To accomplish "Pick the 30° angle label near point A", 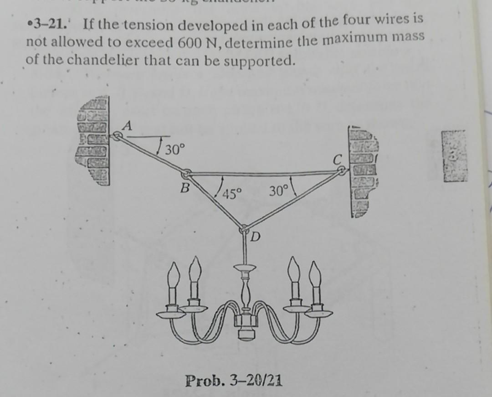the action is point(174,149).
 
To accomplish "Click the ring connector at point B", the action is point(186,174).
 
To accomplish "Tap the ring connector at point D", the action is point(245,227).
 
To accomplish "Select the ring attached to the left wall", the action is point(117,135).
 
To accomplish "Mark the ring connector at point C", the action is point(340,171).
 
